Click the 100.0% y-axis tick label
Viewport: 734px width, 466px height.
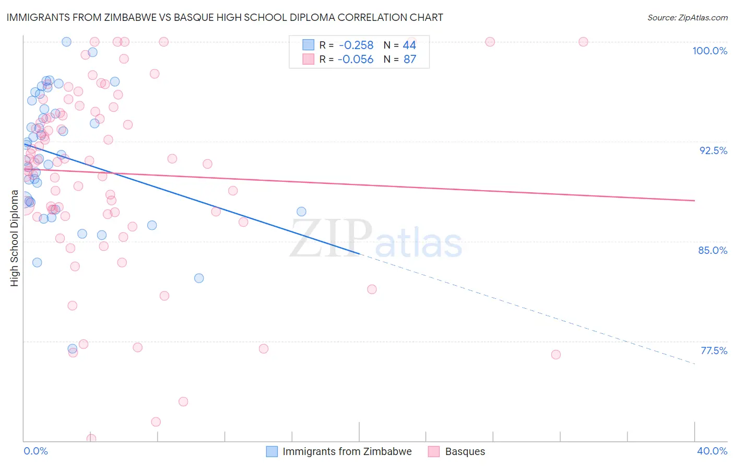pos(709,51)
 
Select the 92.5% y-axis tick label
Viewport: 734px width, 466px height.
pos(713,150)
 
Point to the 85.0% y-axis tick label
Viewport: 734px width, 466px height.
pos(713,250)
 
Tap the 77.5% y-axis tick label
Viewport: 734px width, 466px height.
pos(714,351)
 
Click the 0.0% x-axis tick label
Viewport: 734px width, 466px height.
pos(35,451)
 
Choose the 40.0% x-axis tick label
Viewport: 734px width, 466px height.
pos(712,451)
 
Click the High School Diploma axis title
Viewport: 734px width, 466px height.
pos(15,238)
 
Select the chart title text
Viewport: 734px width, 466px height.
pos(224,17)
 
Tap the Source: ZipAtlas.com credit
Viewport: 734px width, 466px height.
pos(687,17)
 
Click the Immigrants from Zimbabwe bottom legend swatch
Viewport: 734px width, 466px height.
pos(272,451)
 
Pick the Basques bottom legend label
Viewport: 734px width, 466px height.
pos(465,451)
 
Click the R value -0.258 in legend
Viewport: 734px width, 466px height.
pos(356,45)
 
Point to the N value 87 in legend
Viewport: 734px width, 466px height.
pos(410,60)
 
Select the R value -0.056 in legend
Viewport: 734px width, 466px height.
pos(356,60)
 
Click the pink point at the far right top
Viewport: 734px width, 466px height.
pos(583,42)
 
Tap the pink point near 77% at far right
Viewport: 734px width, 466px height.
pos(556,355)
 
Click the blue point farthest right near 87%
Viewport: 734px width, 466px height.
pos(301,212)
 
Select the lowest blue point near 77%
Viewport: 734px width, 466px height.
pos(73,348)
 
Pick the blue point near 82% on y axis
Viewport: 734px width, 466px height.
pos(199,278)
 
